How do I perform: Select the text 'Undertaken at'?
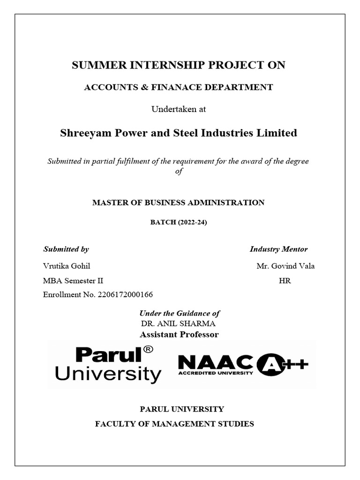pos(178,109)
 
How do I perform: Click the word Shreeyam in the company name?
pos(83,133)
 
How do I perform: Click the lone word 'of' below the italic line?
pos(178,171)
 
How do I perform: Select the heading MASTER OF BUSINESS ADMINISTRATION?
pos(178,202)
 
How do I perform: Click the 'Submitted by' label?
pos(66,249)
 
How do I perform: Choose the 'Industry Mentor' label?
pos(278,249)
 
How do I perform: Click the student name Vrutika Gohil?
pos(66,266)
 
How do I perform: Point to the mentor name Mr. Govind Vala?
pos(285,266)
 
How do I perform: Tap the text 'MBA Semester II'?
pos(73,281)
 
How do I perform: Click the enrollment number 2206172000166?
pos(125,295)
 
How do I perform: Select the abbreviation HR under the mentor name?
pos(285,281)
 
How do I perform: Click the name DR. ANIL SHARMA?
pos(178,323)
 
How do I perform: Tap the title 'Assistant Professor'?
pos(179,334)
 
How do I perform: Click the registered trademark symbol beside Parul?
pos(148,350)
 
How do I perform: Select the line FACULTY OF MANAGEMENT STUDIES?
pos(174,424)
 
